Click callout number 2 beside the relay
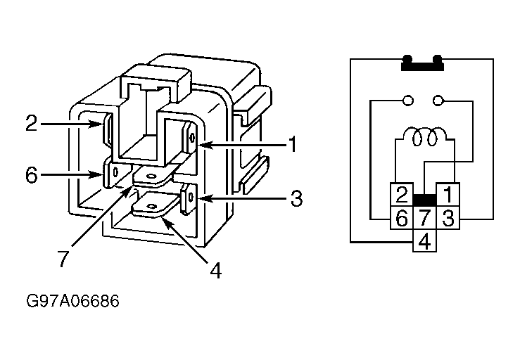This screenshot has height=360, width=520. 32,123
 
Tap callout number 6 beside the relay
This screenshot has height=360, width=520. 32,175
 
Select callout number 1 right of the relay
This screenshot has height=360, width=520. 292,145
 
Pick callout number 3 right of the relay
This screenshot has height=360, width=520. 296,198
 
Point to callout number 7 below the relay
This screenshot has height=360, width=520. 63,259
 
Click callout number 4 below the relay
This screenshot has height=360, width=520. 215,271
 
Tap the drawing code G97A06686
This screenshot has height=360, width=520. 72,301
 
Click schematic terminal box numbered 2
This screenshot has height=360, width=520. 401,194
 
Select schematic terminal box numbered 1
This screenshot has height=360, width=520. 448,194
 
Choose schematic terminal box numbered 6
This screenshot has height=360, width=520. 401,217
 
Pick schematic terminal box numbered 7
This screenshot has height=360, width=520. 424,217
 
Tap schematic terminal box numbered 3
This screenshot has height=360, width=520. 448,217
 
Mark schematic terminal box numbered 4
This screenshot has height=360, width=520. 424,240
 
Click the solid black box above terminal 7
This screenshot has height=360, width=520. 424,200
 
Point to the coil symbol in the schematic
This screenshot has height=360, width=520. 425,136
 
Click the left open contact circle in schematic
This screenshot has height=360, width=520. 407,100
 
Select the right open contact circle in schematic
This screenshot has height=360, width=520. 438,100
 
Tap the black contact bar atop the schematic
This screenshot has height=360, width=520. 422,63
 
